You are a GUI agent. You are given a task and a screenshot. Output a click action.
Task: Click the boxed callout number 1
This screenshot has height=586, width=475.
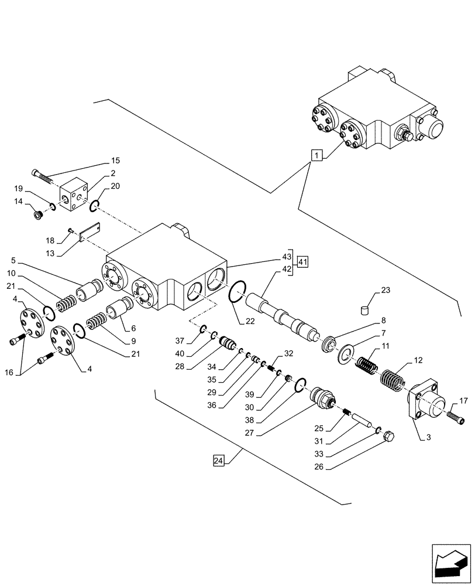pos(316,156)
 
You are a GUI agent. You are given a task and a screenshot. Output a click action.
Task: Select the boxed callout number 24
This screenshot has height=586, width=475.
pos(218,462)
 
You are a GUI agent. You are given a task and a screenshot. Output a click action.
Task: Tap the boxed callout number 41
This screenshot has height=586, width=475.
pos(302,262)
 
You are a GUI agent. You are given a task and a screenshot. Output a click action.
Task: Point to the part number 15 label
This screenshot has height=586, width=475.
pos(115,161)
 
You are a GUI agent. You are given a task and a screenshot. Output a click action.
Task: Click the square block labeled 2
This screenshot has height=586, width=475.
pos(73,193)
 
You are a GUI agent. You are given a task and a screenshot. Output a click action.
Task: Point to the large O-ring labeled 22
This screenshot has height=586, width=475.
pos(235,292)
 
